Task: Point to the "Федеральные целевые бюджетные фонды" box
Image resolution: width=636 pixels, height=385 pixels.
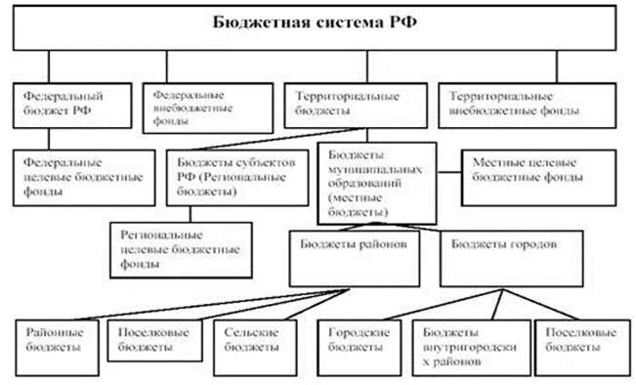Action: tap(83, 176)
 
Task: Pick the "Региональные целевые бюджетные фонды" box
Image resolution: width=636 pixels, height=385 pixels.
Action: tap(181, 248)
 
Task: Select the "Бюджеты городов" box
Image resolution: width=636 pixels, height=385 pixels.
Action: tap(498, 252)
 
